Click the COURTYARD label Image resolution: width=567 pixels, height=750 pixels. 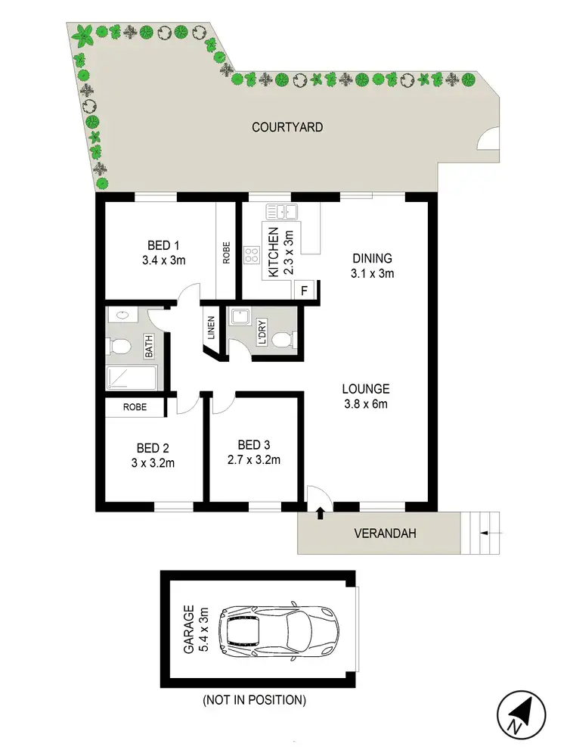287,127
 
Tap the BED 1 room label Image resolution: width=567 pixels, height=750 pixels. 163,246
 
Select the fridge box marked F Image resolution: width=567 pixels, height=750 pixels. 305,290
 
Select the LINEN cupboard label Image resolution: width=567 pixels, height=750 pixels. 212,328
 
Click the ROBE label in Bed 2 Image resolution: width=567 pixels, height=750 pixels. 135,406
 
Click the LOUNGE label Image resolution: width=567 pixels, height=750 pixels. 364,389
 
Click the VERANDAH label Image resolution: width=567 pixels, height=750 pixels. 385,534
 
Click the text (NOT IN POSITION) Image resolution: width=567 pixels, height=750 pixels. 253,700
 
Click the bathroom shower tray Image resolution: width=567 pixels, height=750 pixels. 132,378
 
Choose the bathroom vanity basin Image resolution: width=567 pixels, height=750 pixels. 119,316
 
